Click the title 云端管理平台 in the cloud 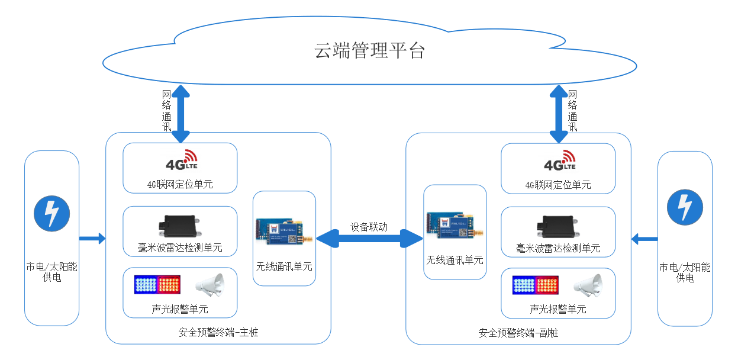[369, 51]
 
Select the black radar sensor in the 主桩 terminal [180, 226]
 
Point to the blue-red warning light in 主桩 [157, 285]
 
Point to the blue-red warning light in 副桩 [535, 285]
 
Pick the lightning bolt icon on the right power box [685, 207]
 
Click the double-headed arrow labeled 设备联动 [370, 239]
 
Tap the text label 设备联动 [369, 227]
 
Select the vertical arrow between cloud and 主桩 [181, 114]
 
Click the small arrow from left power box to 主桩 [92, 239]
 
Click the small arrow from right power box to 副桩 [644, 239]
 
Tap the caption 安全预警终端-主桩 [218, 333]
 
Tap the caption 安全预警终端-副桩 [518, 333]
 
